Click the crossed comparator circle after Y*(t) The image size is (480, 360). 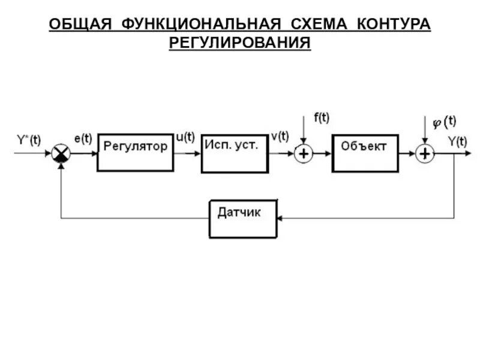pos(60,154)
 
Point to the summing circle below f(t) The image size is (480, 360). pos(304,154)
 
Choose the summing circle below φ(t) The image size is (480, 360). pos(425,154)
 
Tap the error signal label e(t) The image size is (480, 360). pos(83,139)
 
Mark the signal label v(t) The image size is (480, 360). pos(279,137)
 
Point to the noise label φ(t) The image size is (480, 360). pos(444,122)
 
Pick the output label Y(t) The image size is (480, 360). pos(457,141)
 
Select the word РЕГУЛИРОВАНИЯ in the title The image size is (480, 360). pos(239,43)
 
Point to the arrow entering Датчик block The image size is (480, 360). pos(281,218)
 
